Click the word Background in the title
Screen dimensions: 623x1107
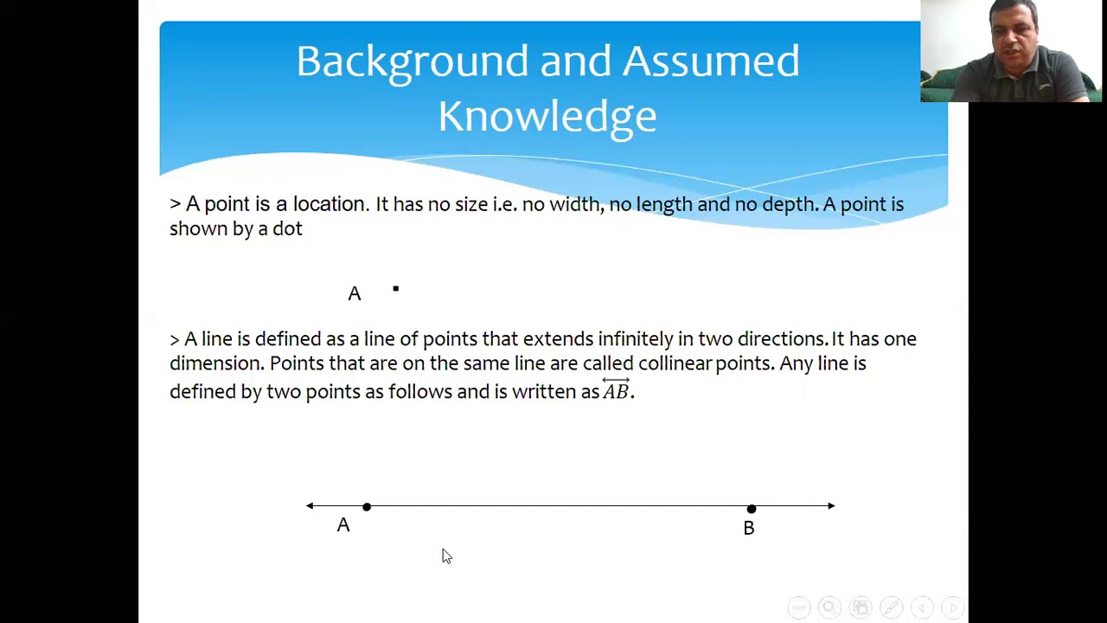pos(412,62)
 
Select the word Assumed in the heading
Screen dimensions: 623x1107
pos(710,61)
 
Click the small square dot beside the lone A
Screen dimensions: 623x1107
pos(396,289)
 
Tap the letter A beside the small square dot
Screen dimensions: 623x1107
pos(355,294)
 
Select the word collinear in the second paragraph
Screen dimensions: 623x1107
pos(675,363)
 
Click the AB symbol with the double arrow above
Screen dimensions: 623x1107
pos(616,390)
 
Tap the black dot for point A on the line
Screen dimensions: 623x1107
pos(367,507)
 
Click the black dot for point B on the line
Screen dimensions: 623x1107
pos(751,509)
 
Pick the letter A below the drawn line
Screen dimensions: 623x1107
pos(343,525)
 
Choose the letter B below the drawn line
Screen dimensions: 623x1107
pos(749,528)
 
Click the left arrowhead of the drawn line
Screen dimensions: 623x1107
pos(310,506)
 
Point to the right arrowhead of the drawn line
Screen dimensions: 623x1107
pos(831,506)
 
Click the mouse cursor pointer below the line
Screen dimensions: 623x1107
pos(445,556)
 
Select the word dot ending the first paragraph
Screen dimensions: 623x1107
pos(288,229)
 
